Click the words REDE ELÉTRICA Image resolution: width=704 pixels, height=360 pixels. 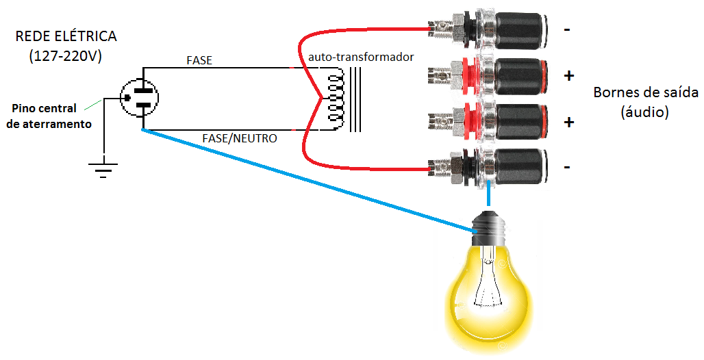pos(66,36)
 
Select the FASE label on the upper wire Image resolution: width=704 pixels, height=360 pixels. pos(199,60)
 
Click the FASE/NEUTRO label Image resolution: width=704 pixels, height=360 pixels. pos(240,138)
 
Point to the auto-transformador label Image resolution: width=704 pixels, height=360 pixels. pos(361,57)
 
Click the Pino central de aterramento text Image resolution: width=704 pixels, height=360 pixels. pos(48,116)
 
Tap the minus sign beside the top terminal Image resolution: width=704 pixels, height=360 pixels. pos(567,30)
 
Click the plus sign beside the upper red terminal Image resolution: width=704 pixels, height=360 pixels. pos(568,76)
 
